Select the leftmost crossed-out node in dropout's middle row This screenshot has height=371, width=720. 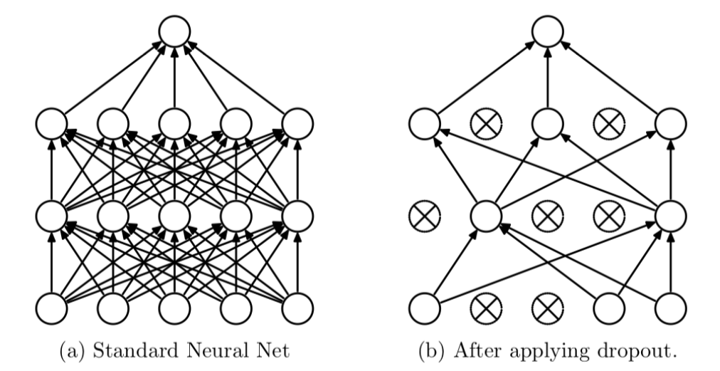pyautogui.click(x=424, y=215)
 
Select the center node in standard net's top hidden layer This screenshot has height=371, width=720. pyautogui.click(x=175, y=125)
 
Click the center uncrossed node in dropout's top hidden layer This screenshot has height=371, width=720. pyautogui.click(x=548, y=125)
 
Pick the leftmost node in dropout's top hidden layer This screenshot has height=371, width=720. pyautogui.click(x=424, y=125)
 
